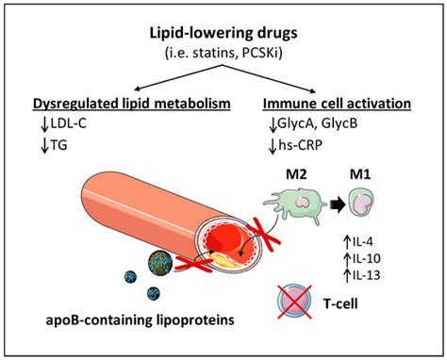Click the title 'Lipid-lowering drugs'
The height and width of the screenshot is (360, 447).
223,30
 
